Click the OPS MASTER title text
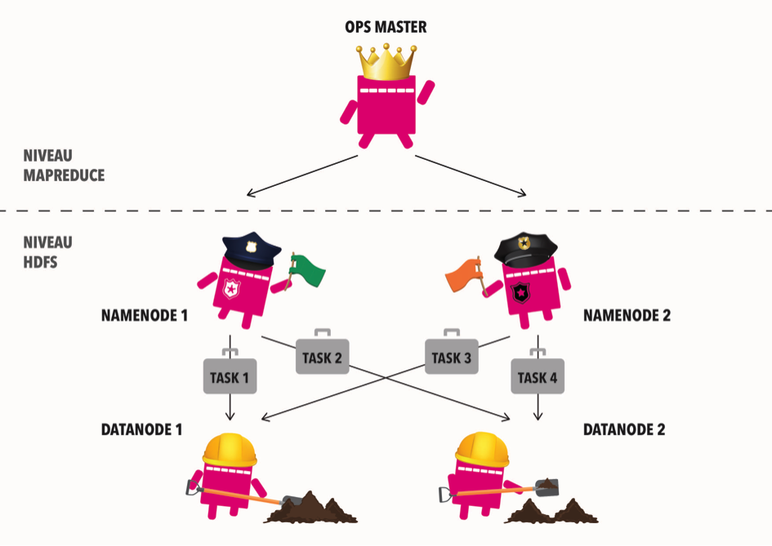386,29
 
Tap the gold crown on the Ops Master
386,63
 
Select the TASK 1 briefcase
230,375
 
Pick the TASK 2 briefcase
322,356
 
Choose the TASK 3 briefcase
451,356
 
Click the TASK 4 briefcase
538,375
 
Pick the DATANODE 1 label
142,429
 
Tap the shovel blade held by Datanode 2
547,486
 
